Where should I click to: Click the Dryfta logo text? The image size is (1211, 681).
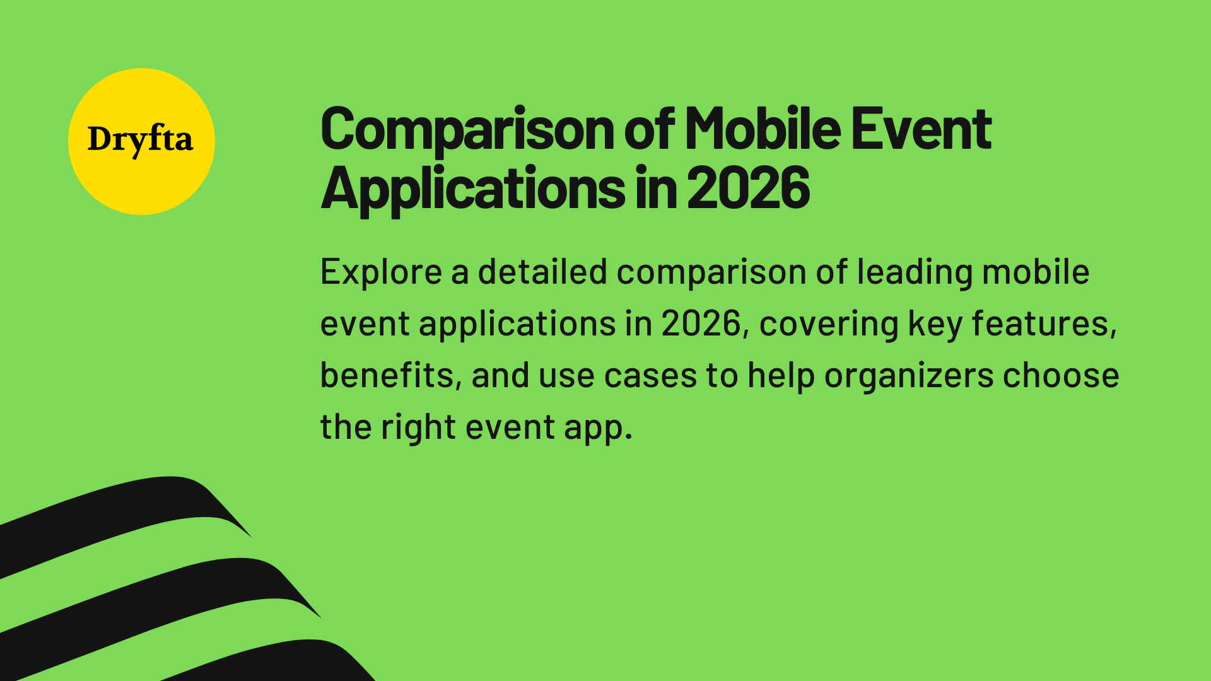click(x=140, y=139)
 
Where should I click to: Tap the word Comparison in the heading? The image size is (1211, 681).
click(x=467, y=130)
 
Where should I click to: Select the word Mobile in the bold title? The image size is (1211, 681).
click(x=763, y=129)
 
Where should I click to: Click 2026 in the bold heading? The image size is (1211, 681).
click(x=748, y=188)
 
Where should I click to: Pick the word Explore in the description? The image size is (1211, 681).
click(x=381, y=272)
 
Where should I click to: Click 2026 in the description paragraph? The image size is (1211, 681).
click(x=701, y=324)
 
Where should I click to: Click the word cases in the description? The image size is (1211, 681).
click(x=650, y=376)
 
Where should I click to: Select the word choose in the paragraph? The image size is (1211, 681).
click(x=1061, y=376)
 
